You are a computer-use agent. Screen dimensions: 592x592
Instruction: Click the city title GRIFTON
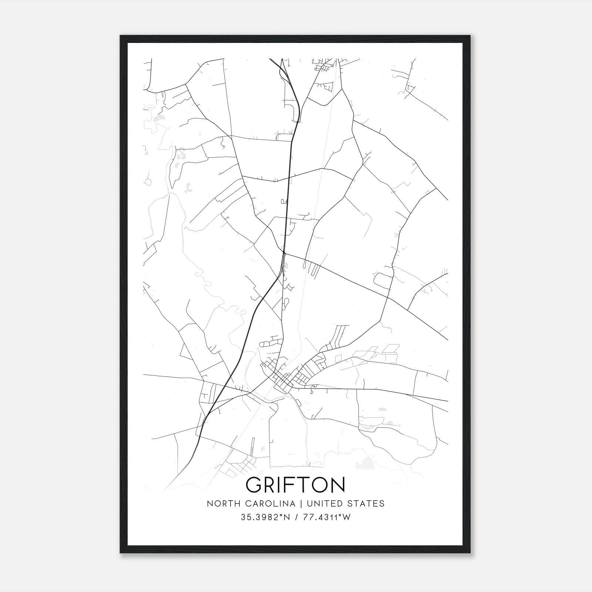(x=295, y=485)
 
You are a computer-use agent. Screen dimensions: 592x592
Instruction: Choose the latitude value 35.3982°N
(x=265, y=517)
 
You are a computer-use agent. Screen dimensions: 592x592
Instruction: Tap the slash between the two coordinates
(x=295, y=517)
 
